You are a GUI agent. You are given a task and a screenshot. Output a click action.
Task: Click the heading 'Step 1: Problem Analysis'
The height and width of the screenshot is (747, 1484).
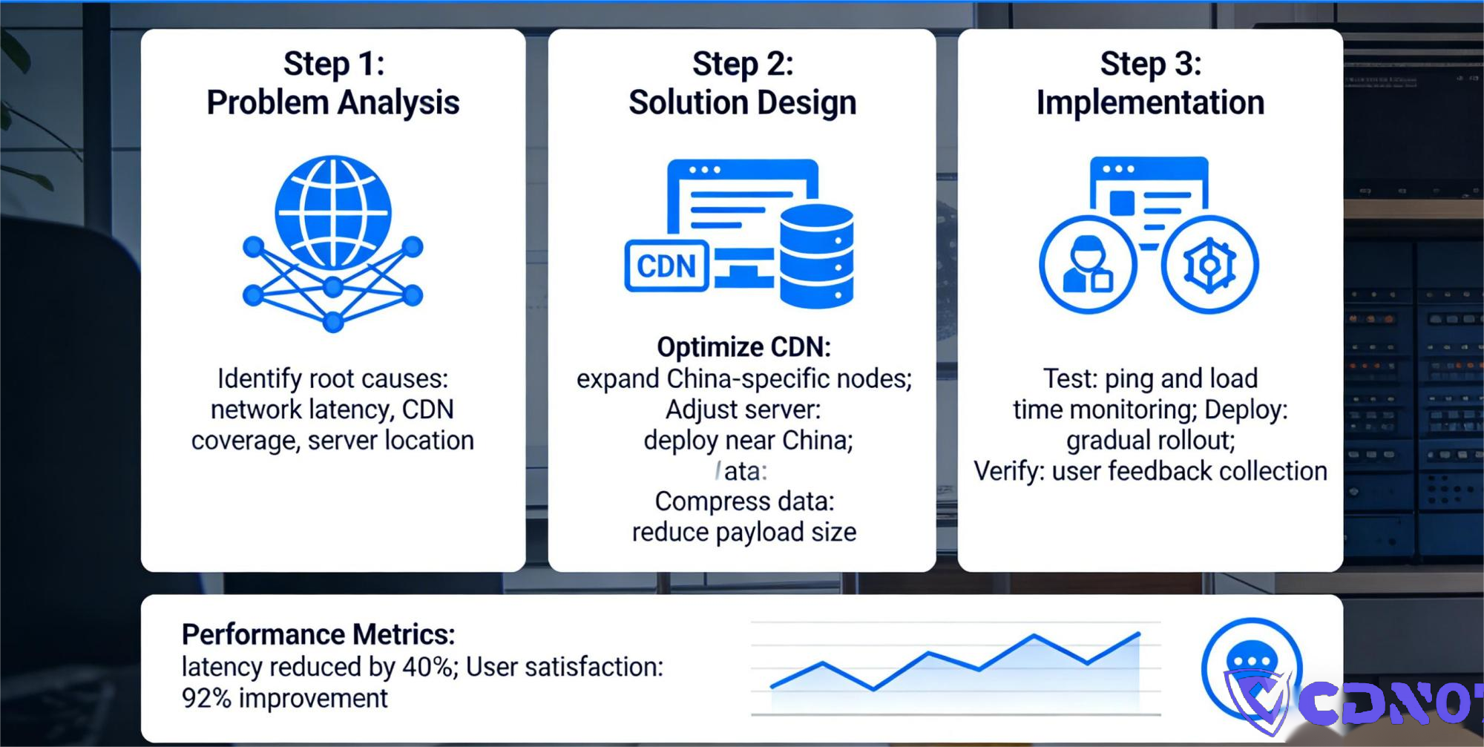tap(333, 83)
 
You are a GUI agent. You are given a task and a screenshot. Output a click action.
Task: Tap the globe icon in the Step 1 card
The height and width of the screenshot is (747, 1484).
tap(333, 212)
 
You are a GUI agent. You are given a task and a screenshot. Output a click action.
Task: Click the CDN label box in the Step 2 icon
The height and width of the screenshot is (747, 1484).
tap(666, 266)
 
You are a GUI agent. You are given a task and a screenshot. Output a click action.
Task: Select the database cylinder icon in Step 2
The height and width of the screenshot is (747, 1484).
tap(816, 256)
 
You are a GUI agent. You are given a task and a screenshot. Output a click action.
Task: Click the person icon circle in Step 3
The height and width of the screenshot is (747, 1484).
tap(1088, 265)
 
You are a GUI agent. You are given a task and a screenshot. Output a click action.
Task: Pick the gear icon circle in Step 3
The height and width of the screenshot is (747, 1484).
tap(1209, 265)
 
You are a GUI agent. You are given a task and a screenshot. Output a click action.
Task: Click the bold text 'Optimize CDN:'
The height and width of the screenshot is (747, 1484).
tap(743, 346)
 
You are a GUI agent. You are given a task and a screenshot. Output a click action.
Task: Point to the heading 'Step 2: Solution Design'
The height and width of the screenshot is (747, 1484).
tap(742, 83)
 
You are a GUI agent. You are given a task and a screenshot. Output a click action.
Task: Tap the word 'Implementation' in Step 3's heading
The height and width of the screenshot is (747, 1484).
tap(1150, 102)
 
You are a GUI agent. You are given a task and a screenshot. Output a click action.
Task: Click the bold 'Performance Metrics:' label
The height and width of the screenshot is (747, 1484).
tap(318, 634)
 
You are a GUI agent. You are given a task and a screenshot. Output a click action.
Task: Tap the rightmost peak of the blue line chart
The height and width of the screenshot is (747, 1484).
tap(1138, 634)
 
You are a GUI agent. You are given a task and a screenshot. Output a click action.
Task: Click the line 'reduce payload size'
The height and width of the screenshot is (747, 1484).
tap(744, 532)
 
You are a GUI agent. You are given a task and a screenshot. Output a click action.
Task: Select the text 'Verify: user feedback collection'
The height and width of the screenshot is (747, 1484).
tap(1150, 471)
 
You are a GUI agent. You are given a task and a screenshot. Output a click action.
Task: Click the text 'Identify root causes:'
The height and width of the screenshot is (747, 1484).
tap(332, 378)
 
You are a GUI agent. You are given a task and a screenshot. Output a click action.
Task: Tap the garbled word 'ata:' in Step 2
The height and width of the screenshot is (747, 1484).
tap(744, 471)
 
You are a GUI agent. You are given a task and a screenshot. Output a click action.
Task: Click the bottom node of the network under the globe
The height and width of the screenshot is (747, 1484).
tap(333, 322)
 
